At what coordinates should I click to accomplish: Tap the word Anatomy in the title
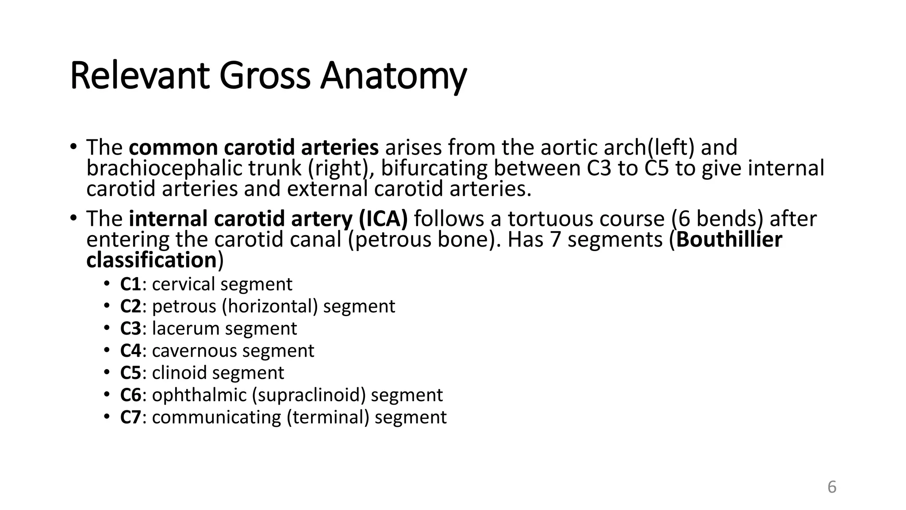[393, 76]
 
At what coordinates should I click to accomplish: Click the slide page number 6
[832, 487]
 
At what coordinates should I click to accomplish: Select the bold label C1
[131, 284]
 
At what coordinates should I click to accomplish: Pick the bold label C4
[131, 351]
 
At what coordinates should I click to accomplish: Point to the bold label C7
[131, 417]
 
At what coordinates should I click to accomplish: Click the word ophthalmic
[200, 395]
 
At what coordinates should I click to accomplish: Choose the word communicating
[216, 417]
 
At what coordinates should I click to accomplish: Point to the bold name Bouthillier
[729, 240]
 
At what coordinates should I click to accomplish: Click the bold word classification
[151, 260]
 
